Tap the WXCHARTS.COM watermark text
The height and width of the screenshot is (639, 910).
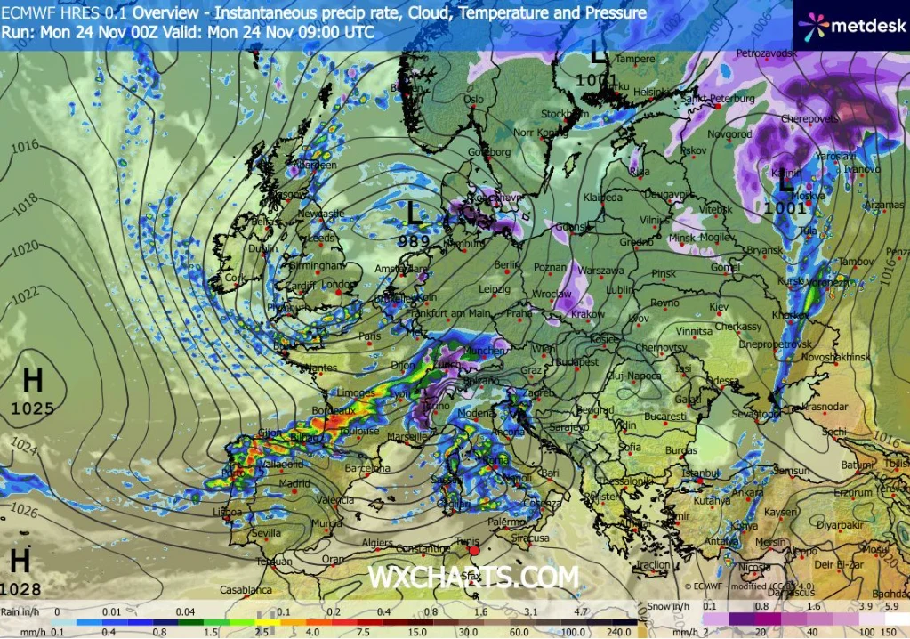473,577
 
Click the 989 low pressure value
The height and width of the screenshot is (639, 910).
414,240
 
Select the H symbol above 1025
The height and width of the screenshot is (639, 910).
33,381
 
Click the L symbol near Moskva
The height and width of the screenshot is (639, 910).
785,183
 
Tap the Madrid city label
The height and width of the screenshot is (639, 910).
294,483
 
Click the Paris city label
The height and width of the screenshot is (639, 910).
370,336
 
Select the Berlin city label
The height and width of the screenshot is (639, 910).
506,265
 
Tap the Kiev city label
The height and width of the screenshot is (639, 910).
718,307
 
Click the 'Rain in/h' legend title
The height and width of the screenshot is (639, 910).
20,611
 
